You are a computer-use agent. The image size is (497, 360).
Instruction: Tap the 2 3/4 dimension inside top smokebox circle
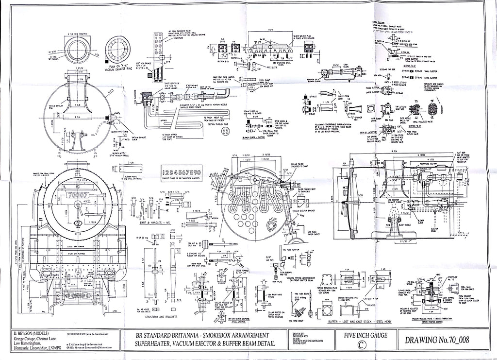78,117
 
